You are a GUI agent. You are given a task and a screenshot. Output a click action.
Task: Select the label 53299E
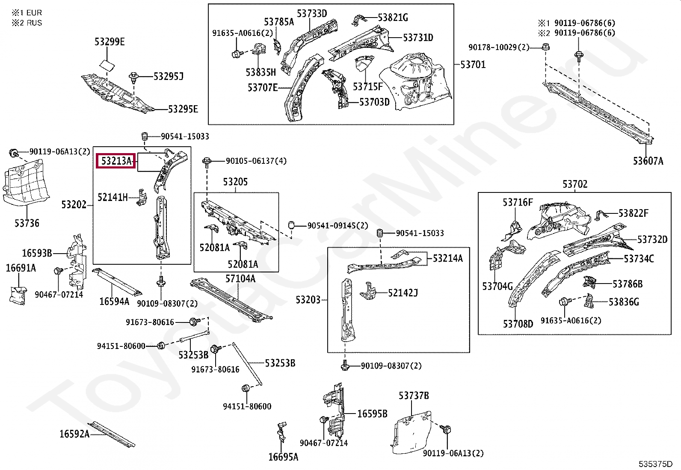click(x=110, y=42)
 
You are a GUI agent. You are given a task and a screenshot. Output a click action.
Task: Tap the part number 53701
click(x=473, y=65)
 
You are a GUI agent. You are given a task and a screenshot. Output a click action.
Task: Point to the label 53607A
click(x=648, y=161)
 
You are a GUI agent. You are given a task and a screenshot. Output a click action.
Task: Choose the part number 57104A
click(x=240, y=279)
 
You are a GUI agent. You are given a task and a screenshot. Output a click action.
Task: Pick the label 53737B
click(x=414, y=396)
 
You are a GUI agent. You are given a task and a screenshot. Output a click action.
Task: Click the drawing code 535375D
click(x=655, y=464)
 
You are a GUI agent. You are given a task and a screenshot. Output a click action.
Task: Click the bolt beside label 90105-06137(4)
click(x=207, y=161)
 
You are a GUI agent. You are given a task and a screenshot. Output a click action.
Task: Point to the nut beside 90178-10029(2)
click(x=545, y=47)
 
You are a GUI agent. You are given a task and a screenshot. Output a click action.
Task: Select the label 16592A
click(x=74, y=434)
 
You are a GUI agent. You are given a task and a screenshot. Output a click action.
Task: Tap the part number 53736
click(x=27, y=223)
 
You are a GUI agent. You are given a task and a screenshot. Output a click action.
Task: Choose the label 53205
click(x=235, y=182)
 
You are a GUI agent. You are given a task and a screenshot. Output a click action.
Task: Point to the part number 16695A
click(x=283, y=457)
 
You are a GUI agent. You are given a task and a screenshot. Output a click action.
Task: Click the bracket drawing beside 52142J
click(x=369, y=291)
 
